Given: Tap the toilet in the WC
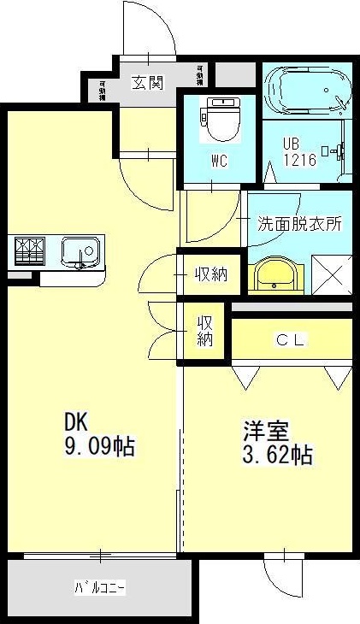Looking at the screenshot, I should click(219, 119).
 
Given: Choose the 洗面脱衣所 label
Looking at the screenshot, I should click(299, 224).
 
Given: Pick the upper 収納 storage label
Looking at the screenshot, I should click(210, 274).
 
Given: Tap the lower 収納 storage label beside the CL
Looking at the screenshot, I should click(206, 331).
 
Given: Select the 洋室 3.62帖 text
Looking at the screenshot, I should click(275, 443).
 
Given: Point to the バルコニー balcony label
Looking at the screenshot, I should click(99, 587).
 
